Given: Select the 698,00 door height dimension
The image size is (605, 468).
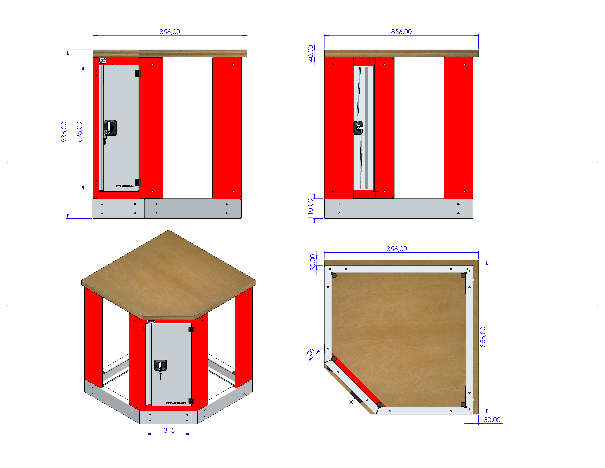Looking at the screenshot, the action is pyautogui.click(x=79, y=132).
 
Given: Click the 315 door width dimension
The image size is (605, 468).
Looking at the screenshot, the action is pyautogui.click(x=169, y=430).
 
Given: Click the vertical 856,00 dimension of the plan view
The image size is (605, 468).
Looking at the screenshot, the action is pyautogui.click(x=483, y=337).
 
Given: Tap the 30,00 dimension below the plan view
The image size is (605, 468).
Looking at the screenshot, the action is pyautogui.click(x=492, y=420).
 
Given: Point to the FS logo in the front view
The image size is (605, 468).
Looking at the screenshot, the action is pyautogui.click(x=103, y=61).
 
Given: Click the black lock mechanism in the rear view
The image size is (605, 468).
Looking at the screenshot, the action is pyautogui.click(x=358, y=128).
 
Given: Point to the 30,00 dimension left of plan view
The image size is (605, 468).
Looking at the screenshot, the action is pyautogui.click(x=313, y=262).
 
